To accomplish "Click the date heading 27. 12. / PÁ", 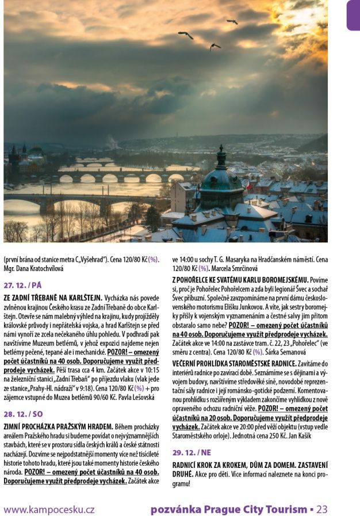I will click(x=22, y=285).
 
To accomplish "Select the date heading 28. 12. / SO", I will click(x=23, y=414).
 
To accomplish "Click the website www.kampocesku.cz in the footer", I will click(x=49, y=509).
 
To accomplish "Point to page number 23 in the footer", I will click(x=322, y=509).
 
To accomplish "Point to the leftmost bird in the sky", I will click(x=185, y=35).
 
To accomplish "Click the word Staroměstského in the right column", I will click(x=198, y=436).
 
